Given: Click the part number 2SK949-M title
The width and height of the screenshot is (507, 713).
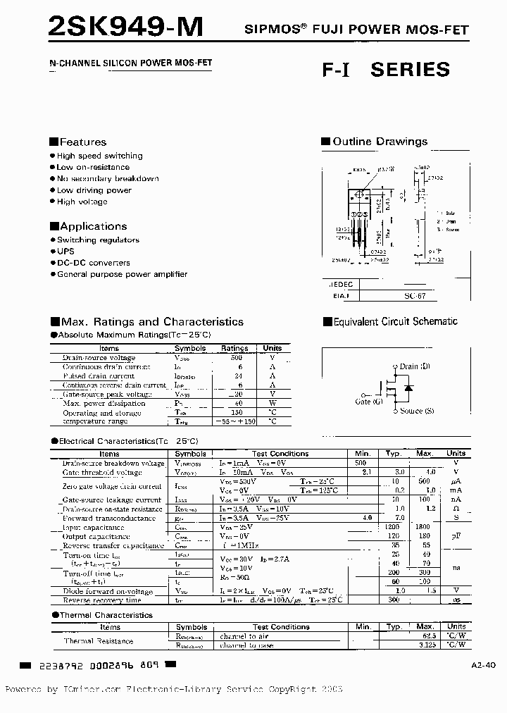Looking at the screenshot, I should (125, 26).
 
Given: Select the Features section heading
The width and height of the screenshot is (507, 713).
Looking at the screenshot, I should (78, 142).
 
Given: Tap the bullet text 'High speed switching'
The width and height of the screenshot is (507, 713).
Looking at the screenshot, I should (99, 156).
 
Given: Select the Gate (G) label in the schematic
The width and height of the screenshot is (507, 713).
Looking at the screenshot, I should (368, 401).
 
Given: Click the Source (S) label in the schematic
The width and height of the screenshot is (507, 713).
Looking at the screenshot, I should (416, 411).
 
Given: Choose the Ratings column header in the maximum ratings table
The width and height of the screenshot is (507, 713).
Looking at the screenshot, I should (234, 348).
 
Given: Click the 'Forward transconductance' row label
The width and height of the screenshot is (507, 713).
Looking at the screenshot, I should (108, 519).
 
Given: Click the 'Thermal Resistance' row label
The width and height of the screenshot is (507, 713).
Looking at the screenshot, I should (99, 641).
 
